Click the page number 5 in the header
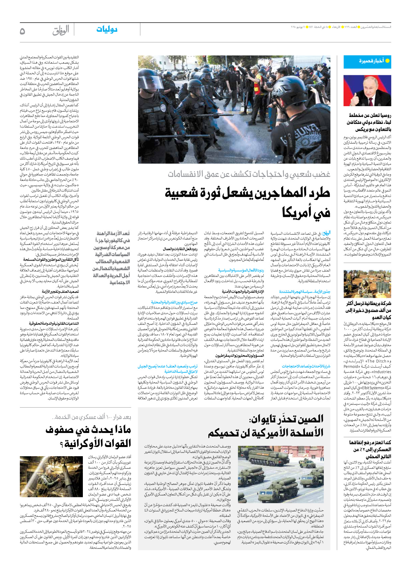22,31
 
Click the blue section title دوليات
107,29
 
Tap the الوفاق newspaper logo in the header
61,30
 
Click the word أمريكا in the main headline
306,213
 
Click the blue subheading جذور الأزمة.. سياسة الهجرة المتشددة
304,292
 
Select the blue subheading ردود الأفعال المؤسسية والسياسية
241,271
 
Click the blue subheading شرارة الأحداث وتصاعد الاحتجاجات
306,366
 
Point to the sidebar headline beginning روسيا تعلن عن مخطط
370,122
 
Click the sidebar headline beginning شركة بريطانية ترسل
368,310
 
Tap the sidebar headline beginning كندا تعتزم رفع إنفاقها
370,449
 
